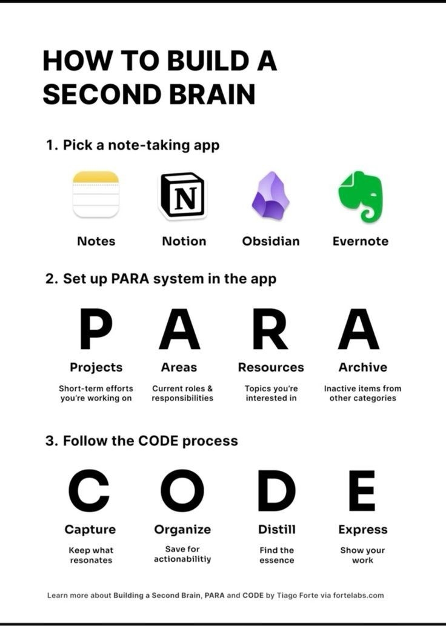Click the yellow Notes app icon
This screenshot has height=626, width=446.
pyautogui.click(x=96, y=194)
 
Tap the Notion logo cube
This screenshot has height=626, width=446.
pyautogui.click(x=182, y=195)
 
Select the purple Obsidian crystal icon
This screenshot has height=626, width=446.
pyautogui.click(x=270, y=195)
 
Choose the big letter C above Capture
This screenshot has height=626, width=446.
pyautogui.click(x=89, y=490)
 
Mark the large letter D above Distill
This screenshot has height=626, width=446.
pyautogui.click(x=276, y=490)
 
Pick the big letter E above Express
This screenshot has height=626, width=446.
pyautogui.click(x=362, y=490)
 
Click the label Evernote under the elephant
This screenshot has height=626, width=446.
pyautogui.click(x=361, y=241)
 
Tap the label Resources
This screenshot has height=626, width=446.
pyautogui.click(x=271, y=367)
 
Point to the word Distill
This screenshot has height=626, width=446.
pyautogui.click(x=277, y=530)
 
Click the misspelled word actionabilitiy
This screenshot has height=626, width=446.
pyautogui.click(x=182, y=559)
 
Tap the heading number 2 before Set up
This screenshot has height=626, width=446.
pyautogui.click(x=50, y=279)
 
